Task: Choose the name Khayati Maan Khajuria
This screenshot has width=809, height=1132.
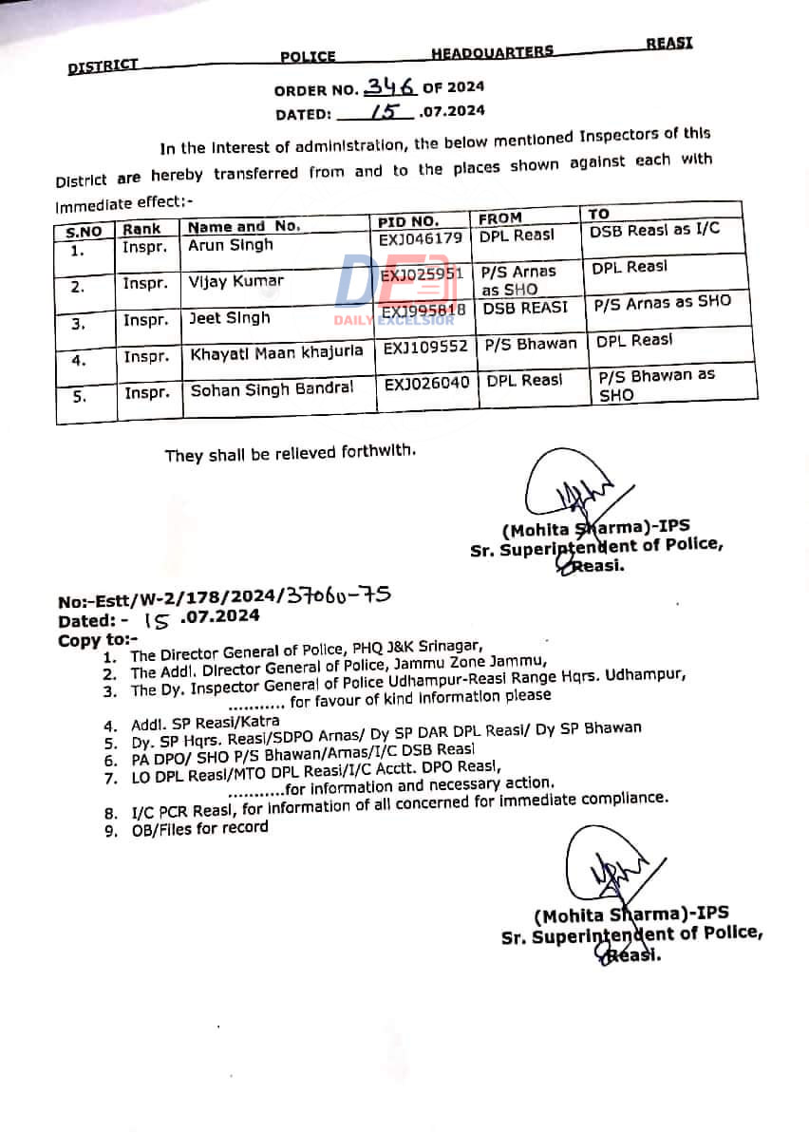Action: pos(276,352)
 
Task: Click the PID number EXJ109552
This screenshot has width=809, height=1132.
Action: pos(425,348)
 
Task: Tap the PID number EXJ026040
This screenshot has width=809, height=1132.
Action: pos(426,383)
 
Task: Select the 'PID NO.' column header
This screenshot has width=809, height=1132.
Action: pos(407,222)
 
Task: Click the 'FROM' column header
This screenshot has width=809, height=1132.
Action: pos(500,218)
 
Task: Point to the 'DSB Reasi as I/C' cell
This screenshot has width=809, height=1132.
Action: pos(654,231)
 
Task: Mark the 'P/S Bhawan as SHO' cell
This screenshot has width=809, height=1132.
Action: pos(656,385)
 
